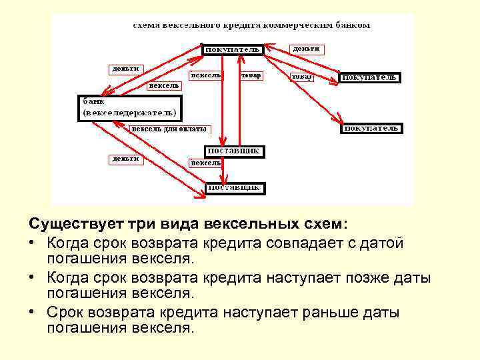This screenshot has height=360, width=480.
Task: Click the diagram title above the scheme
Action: pyautogui.click(x=251, y=26)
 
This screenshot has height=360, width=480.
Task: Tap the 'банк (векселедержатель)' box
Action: pyautogui.click(x=129, y=107)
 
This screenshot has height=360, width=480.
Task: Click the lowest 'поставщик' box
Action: pyautogui.click(x=234, y=188)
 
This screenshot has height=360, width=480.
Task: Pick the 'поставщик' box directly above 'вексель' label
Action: pyautogui.click(x=234, y=151)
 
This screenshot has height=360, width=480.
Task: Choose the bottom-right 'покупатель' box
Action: pyautogui.click(x=371, y=127)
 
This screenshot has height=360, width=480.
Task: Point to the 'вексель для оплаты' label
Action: pyautogui.click(x=169, y=129)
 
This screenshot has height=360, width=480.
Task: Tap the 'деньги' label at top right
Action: pyautogui.click(x=306, y=49)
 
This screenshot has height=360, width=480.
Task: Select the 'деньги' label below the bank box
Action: pyautogui.click(x=125, y=159)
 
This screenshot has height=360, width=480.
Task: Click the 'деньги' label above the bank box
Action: pyautogui.click(x=125, y=69)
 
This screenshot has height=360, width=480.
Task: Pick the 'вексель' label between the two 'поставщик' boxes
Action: pyautogui.click(x=205, y=163)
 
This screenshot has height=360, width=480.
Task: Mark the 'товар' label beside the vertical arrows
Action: pyautogui.click(x=251, y=75)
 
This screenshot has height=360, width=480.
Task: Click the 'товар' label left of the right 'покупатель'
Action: pyautogui.click(x=301, y=77)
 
